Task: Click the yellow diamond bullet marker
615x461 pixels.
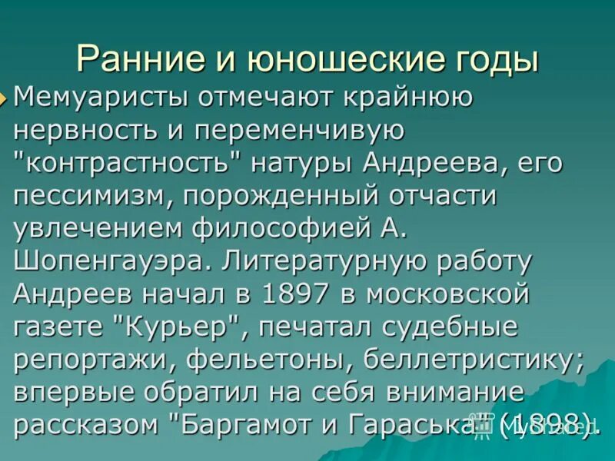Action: coord(6,98)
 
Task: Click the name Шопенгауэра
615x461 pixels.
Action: coord(108,261)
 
